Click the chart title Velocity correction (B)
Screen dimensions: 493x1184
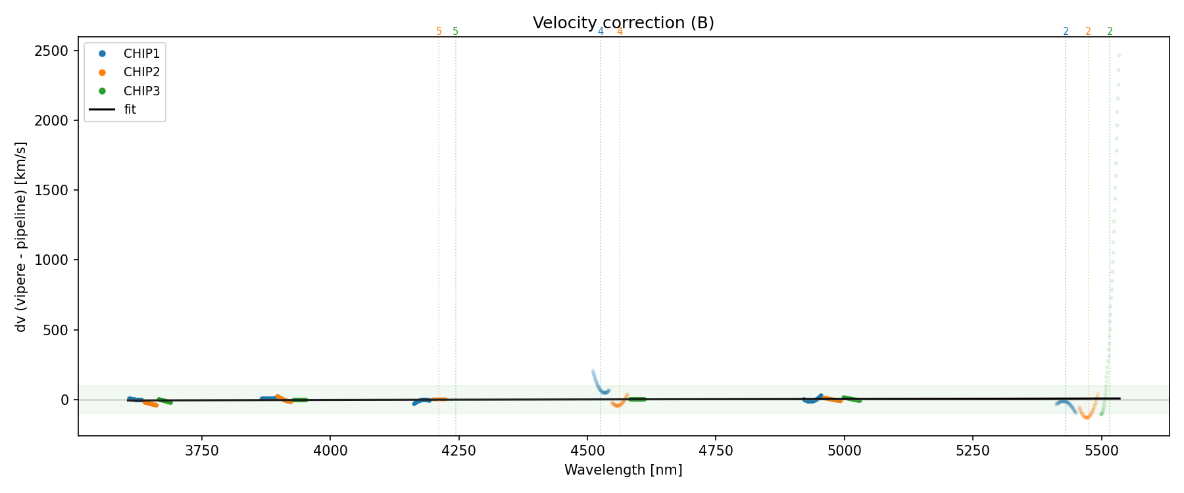tap(623, 23)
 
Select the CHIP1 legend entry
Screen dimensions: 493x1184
tap(141, 54)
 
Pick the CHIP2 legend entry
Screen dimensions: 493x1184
tap(141, 72)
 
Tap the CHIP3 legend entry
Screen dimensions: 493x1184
tap(141, 91)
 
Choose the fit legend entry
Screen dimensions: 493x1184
tap(130, 110)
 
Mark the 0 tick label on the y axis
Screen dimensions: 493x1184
tap(64, 400)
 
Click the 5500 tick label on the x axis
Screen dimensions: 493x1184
tap(1101, 450)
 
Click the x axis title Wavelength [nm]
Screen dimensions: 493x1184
tap(623, 470)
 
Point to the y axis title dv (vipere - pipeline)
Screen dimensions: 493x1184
tap(21, 237)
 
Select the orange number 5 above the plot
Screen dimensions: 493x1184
tap(439, 32)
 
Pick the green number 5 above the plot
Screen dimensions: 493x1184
tap(455, 32)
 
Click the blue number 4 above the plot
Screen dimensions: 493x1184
tap(601, 32)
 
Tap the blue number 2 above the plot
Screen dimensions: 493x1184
tap(1066, 32)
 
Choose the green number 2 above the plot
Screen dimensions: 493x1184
tap(1110, 32)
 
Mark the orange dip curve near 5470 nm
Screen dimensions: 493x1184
tap(1086, 414)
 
